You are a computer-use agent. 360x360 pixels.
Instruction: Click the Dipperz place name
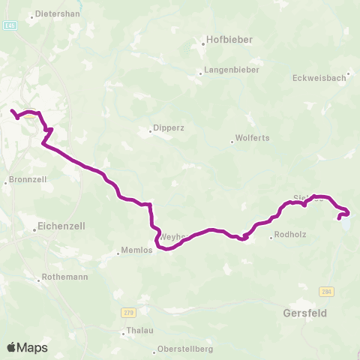pyautogui.click(x=167, y=127)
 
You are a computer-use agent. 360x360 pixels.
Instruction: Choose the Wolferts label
pyautogui.click(x=251, y=138)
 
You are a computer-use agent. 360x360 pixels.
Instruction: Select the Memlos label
pyautogui.click(x=136, y=251)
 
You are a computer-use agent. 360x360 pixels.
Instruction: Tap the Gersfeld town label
pyautogui.click(x=305, y=311)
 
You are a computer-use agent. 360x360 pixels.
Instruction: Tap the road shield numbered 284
pyautogui.click(x=325, y=291)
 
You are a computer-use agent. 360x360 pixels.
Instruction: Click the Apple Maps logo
pyautogui.click(x=27, y=347)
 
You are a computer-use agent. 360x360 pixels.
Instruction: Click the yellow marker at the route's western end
pyautogui.click(x=28, y=115)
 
